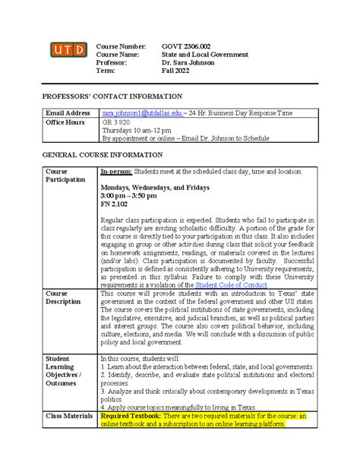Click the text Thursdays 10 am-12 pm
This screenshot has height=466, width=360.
tap(137, 131)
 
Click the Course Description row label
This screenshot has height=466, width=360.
tap(65, 297)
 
